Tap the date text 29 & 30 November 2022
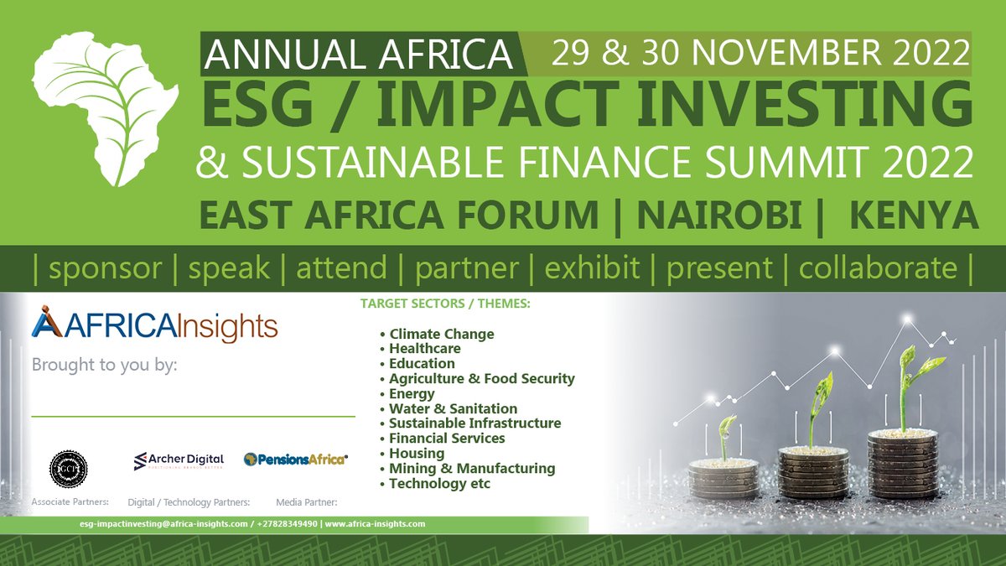click(760, 54)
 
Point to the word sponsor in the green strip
click(105, 268)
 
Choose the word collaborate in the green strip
click(878, 268)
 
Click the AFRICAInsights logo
click(154, 325)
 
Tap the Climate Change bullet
click(441, 334)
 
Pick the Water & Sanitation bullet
click(453, 408)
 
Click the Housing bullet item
click(416, 453)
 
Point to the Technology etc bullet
click(439, 483)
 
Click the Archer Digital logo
click(179, 460)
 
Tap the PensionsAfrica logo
click(296, 460)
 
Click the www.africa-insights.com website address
click(375, 523)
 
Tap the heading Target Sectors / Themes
click(444, 304)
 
